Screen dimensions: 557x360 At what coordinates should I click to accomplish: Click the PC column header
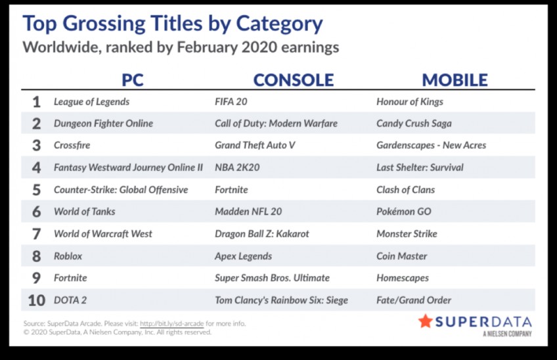click(133, 80)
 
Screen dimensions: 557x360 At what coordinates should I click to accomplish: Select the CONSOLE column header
click(294, 80)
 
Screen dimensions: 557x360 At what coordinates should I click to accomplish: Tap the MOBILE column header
click(455, 80)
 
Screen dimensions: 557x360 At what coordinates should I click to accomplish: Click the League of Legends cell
click(92, 102)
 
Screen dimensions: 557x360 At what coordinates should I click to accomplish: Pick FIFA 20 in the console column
click(231, 102)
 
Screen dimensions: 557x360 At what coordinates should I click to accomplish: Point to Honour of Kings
click(410, 102)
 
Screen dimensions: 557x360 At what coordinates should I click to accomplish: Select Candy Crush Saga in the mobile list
click(414, 124)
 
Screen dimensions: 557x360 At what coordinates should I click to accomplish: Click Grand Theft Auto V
click(255, 145)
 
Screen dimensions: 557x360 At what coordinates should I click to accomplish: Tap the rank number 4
click(36, 168)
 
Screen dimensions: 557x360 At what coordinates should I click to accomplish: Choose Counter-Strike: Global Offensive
click(121, 190)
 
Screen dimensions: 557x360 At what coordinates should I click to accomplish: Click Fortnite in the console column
click(231, 190)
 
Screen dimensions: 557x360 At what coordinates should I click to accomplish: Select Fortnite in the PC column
click(70, 278)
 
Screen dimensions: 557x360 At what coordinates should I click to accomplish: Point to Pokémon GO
click(404, 212)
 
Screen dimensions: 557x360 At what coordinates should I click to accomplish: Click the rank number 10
click(37, 300)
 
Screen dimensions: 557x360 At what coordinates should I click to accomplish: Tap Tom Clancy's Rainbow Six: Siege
click(281, 300)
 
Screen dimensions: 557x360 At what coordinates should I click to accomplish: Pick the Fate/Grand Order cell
click(414, 300)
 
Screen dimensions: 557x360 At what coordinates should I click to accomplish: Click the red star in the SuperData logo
click(425, 321)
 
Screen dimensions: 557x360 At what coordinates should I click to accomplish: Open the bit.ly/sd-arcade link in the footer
click(172, 323)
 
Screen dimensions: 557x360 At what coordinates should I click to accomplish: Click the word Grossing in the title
click(104, 24)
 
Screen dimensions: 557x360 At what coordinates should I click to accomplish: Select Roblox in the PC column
click(68, 256)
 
